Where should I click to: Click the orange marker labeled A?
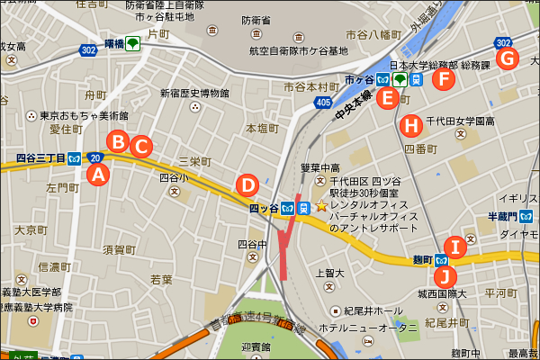click(100, 175)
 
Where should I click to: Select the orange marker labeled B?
click(118, 140)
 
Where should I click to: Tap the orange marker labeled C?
click(139, 145)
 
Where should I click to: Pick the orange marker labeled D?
click(246, 184)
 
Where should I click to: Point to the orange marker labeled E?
click(386, 98)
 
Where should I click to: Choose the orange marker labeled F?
click(443, 79)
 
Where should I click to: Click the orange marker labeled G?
click(508, 58)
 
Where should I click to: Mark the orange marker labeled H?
click(411, 124)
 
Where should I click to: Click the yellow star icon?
click(321, 206)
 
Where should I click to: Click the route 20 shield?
click(95, 158)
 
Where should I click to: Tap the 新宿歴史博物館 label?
click(195, 93)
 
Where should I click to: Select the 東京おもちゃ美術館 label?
click(84, 116)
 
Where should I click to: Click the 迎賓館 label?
click(258, 346)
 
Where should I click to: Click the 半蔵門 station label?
click(499, 216)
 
